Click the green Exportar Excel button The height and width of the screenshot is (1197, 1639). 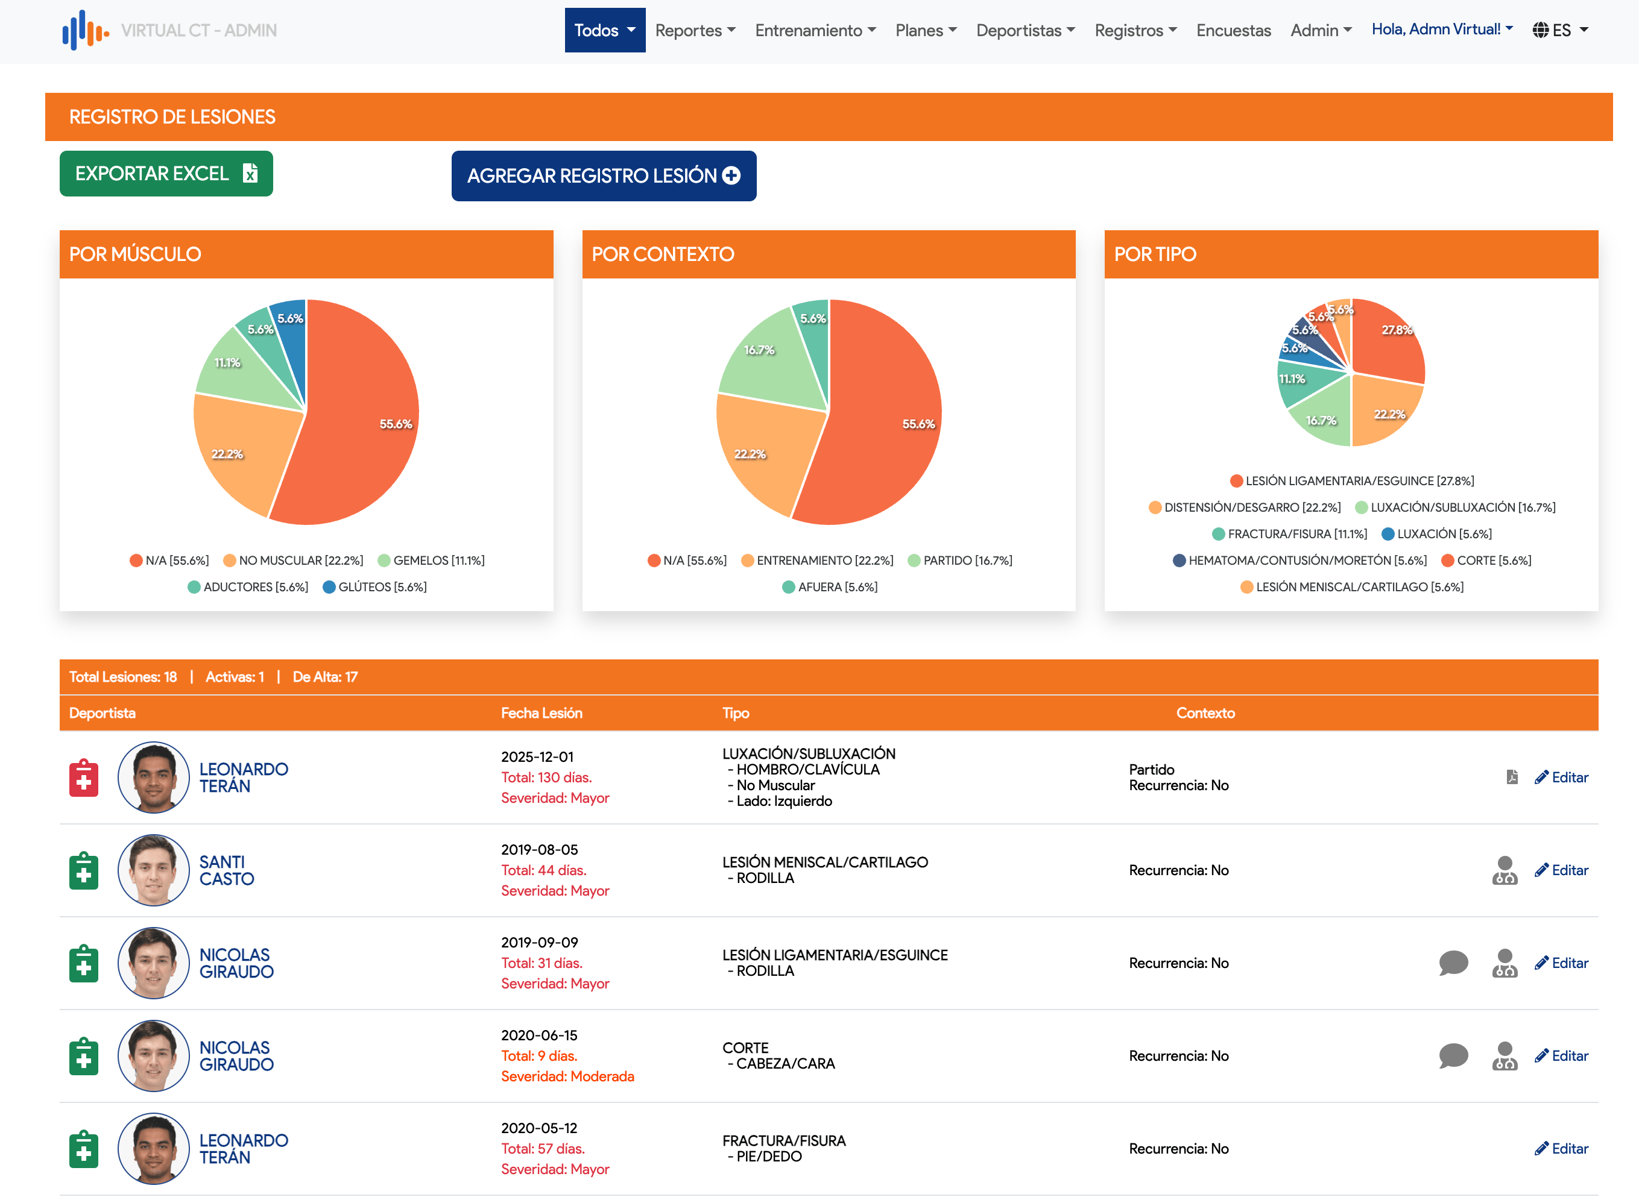click(166, 174)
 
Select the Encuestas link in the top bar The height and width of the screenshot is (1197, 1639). click(1233, 30)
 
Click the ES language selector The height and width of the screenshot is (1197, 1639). click(1560, 30)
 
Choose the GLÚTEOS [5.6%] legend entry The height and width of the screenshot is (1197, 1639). click(374, 587)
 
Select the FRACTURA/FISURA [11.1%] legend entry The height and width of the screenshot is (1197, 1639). click(1290, 534)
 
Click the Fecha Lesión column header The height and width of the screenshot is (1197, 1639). click(542, 713)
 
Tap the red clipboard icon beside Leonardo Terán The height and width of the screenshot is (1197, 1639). click(84, 778)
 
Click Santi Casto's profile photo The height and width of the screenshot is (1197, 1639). click(154, 870)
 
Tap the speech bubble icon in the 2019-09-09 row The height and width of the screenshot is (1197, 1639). click(1453, 963)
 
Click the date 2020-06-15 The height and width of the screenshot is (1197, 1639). click(538, 1035)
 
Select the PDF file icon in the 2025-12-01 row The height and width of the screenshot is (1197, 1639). click(1511, 778)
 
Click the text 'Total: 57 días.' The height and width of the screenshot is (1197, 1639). click(542, 1148)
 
